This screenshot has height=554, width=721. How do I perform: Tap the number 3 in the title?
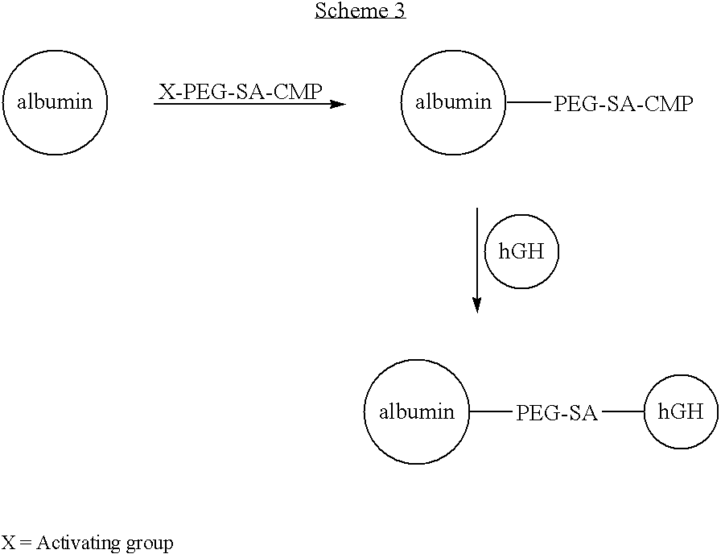(x=399, y=10)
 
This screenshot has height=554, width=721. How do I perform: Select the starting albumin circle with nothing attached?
(x=55, y=102)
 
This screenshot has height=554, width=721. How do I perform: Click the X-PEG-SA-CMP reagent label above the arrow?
(x=240, y=92)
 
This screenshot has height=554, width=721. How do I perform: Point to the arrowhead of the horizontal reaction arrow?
(x=340, y=104)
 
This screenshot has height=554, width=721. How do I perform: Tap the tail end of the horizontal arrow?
(x=156, y=104)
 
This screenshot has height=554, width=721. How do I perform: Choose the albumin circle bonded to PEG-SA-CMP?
(x=453, y=102)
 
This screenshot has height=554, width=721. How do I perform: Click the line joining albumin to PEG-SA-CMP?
(x=529, y=103)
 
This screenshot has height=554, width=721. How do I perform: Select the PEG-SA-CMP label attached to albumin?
(x=623, y=105)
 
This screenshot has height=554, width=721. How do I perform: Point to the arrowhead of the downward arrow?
(x=477, y=305)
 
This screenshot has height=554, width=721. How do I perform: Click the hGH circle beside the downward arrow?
(x=521, y=252)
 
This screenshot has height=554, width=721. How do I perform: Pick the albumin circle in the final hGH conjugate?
(x=416, y=412)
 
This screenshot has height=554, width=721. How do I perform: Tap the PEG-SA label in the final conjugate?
(x=557, y=413)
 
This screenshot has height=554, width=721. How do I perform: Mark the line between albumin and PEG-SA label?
(x=490, y=412)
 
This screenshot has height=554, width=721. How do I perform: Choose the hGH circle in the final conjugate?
(x=681, y=412)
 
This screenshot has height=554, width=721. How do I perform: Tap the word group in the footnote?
(x=150, y=544)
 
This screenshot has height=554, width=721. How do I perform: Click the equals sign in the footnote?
(x=24, y=543)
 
